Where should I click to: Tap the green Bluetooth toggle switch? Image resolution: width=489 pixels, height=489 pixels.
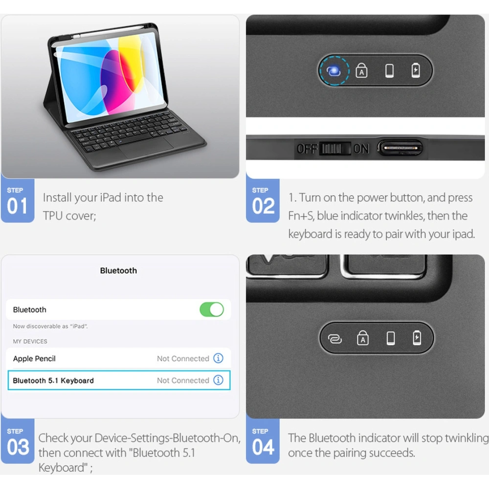pyautogui.click(x=212, y=310)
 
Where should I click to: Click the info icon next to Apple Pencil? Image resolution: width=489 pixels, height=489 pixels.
pyautogui.click(x=218, y=358)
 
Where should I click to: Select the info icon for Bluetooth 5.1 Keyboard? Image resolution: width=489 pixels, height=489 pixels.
pyautogui.click(x=218, y=380)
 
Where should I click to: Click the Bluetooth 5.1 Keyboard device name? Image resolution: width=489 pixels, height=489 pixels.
pyautogui.click(x=53, y=380)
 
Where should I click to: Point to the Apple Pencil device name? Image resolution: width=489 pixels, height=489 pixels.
pyautogui.click(x=34, y=358)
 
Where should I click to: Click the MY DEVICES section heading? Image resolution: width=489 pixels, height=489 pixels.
pyautogui.click(x=30, y=341)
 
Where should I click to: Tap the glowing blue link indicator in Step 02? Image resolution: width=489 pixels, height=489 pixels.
pyautogui.click(x=333, y=70)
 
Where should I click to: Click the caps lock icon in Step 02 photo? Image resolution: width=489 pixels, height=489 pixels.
pyautogui.click(x=361, y=70)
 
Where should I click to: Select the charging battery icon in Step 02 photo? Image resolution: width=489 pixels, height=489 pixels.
pyautogui.click(x=416, y=70)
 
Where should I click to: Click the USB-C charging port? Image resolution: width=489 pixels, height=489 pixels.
pyautogui.click(x=400, y=148)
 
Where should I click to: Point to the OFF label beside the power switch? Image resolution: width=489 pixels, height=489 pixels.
pyautogui.click(x=307, y=149)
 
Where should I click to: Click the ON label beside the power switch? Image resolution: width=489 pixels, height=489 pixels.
pyautogui.click(x=361, y=149)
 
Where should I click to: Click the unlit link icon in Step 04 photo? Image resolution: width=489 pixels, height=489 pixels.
pyautogui.click(x=334, y=339)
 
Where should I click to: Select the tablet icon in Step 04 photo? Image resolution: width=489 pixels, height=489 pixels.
pyautogui.click(x=390, y=338)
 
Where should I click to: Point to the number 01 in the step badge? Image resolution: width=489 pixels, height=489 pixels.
pyautogui.click(x=18, y=206)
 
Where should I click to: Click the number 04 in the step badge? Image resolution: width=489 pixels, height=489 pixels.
pyautogui.click(x=263, y=447)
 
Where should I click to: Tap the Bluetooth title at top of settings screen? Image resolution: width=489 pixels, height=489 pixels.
pyautogui.click(x=118, y=270)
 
